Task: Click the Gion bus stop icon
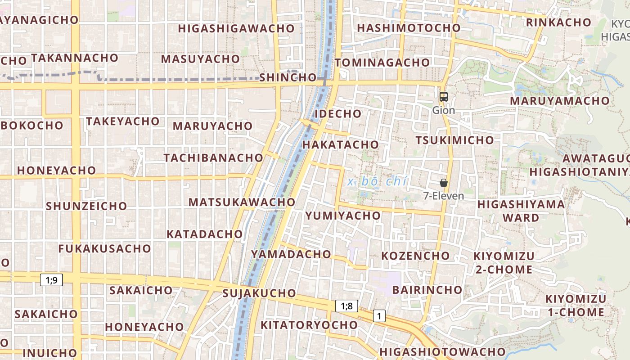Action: tap(444, 96)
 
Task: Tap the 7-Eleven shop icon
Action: tap(444, 183)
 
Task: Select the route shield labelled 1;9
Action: tap(51, 280)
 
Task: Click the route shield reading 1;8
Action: tap(346, 306)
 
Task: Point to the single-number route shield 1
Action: tap(379, 316)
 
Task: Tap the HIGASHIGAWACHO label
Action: tap(236, 28)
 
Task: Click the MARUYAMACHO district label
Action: tap(559, 101)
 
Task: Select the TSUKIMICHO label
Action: tap(454, 140)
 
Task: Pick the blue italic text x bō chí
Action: tap(378, 181)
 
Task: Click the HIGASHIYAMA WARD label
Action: tap(521, 211)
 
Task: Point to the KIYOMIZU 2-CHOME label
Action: tap(503, 263)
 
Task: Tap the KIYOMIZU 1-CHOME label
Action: tap(576, 306)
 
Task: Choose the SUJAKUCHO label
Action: tap(259, 293)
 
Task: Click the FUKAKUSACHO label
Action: tap(104, 248)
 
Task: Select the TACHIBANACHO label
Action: tap(213, 158)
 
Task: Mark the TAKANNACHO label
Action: tap(75, 58)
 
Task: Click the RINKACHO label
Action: tap(558, 22)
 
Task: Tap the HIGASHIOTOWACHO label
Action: tap(442, 352)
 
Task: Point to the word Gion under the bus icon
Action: tap(444, 110)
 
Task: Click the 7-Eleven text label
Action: tap(444, 196)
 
